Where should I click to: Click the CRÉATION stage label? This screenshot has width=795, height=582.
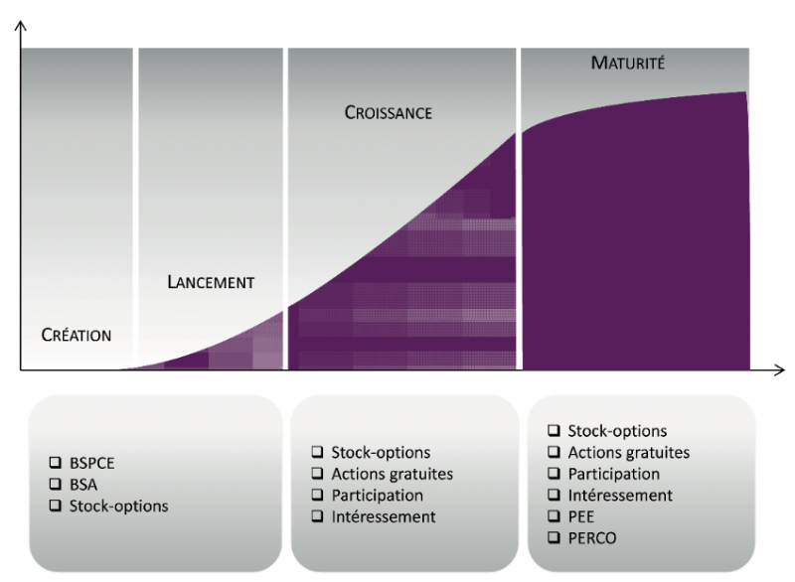(77, 335)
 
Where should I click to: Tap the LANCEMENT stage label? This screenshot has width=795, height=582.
(211, 282)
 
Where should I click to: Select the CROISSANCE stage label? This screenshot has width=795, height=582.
(389, 112)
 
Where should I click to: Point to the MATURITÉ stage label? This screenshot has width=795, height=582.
(628, 63)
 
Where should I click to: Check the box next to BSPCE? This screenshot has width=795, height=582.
(56, 462)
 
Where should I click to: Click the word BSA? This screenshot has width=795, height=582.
(83, 485)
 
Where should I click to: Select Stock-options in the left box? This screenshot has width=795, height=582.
(118, 506)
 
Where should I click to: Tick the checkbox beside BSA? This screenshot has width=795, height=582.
(56, 484)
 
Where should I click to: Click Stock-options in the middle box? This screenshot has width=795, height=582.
(381, 452)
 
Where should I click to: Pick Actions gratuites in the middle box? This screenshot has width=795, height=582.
(392, 474)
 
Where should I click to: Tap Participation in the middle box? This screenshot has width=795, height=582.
(378, 496)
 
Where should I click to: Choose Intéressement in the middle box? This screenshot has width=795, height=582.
(384, 516)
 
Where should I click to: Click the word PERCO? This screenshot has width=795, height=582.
(591, 538)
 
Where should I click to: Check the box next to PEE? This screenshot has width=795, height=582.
(555, 515)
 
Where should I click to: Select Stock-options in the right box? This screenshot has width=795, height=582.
(617, 431)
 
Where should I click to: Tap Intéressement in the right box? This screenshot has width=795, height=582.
(620, 495)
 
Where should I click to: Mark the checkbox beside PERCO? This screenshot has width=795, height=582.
(555, 537)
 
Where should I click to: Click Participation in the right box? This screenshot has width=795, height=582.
(613, 474)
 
